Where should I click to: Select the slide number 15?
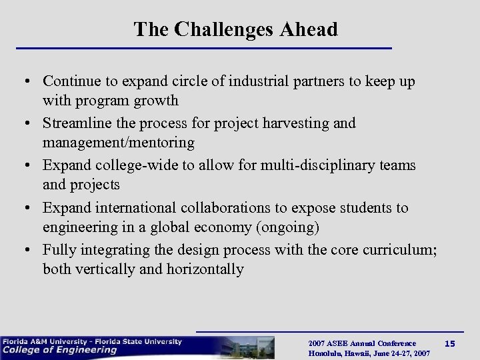[449, 343]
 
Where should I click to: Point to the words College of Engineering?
[60, 350]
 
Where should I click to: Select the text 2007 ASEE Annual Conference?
[362, 343]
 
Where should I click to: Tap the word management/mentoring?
[119, 143]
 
